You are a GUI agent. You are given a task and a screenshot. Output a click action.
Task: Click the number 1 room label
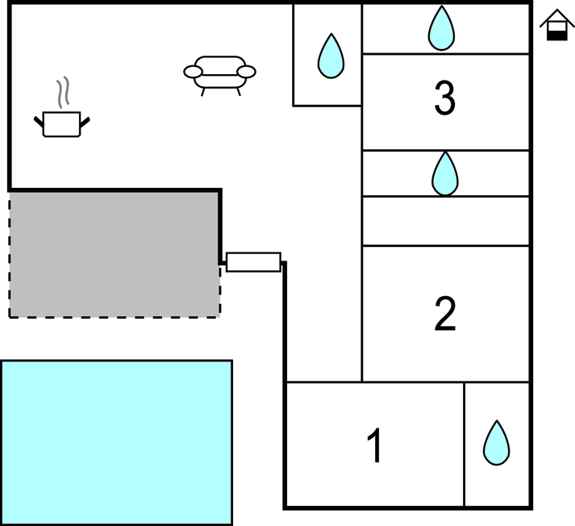tap(374, 446)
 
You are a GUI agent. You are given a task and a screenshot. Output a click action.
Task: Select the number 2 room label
tap(445, 314)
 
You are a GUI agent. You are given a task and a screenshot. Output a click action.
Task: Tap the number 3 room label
tap(444, 99)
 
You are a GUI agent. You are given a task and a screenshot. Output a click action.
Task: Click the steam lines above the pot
tap(63, 94)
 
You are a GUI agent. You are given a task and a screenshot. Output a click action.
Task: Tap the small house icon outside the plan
tap(555, 25)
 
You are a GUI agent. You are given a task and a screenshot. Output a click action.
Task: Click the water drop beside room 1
tap(496, 443)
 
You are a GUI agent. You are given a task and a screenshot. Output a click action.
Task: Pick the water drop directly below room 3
tap(444, 173)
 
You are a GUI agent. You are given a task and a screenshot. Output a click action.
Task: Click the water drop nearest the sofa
tap(330, 56)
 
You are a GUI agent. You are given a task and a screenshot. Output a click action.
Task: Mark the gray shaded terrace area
tap(113, 253)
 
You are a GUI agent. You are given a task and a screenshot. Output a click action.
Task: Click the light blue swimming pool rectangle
tap(116, 442)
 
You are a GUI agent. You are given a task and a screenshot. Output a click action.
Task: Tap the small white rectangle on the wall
tap(253, 262)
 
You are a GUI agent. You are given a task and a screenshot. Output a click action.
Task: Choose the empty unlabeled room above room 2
tap(445, 221)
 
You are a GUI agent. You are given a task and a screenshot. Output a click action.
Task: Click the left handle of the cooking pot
tap(38, 122)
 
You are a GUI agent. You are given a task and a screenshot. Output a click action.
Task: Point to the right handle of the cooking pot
tap(85, 122)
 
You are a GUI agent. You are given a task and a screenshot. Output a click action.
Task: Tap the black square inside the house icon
tap(555, 32)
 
